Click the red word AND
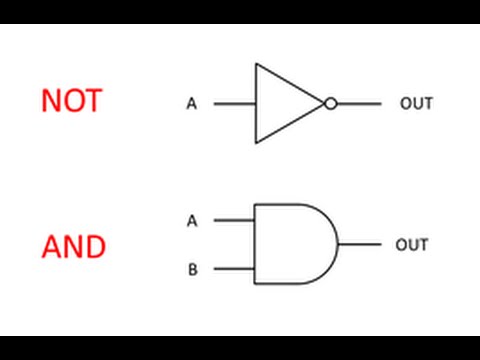pyautogui.click(x=73, y=245)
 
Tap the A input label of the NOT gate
pyautogui.click(x=191, y=103)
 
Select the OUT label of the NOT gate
pyautogui.click(x=416, y=103)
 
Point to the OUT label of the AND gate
pyautogui.click(x=412, y=245)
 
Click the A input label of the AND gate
pyautogui.click(x=192, y=220)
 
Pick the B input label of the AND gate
pyautogui.click(x=192, y=269)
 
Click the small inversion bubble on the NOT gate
pyautogui.click(x=331, y=103)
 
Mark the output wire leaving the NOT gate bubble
pyautogui.click(x=358, y=103)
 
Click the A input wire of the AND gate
pyautogui.click(x=234, y=220)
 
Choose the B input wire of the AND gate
pyautogui.click(x=234, y=269)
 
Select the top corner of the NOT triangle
pyautogui.click(x=256, y=65)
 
